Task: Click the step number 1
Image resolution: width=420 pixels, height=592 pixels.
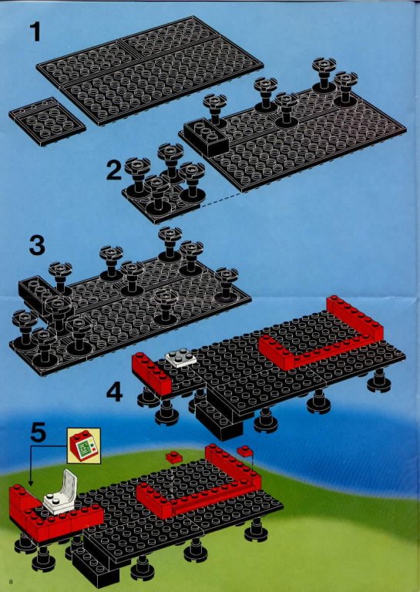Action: click(x=35, y=32)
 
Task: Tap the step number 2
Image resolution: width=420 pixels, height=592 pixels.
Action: click(x=114, y=170)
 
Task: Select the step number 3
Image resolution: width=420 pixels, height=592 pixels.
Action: click(x=37, y=245)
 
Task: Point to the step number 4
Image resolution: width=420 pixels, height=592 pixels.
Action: click(x=114, y=392)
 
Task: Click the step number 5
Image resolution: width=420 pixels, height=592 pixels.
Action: click(x=38, y=432)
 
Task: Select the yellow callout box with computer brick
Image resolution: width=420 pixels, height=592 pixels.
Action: click(x=84, y=446)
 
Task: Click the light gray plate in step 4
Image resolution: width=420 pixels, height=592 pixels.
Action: click(x=181, y=358)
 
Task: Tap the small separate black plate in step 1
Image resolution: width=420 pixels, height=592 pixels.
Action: click(x=47, y=121)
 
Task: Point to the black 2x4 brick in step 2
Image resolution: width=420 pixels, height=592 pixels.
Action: click(x=207, y=136)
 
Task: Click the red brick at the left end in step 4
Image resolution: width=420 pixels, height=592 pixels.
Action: click(x=151, y=373)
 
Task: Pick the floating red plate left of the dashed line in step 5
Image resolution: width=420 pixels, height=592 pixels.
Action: click(x=174, y=457)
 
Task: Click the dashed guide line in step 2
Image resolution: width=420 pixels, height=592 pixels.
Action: click(x=221, y=200)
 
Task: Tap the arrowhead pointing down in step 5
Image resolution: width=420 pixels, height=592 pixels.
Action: click(x=31, y=483)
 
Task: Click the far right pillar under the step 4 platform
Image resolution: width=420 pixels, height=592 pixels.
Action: click(x=379, y=380)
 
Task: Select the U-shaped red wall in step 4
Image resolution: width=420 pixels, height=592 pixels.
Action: click(x=321, y=333)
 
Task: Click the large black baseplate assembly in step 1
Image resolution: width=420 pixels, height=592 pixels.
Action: click(x=150, y=69)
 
